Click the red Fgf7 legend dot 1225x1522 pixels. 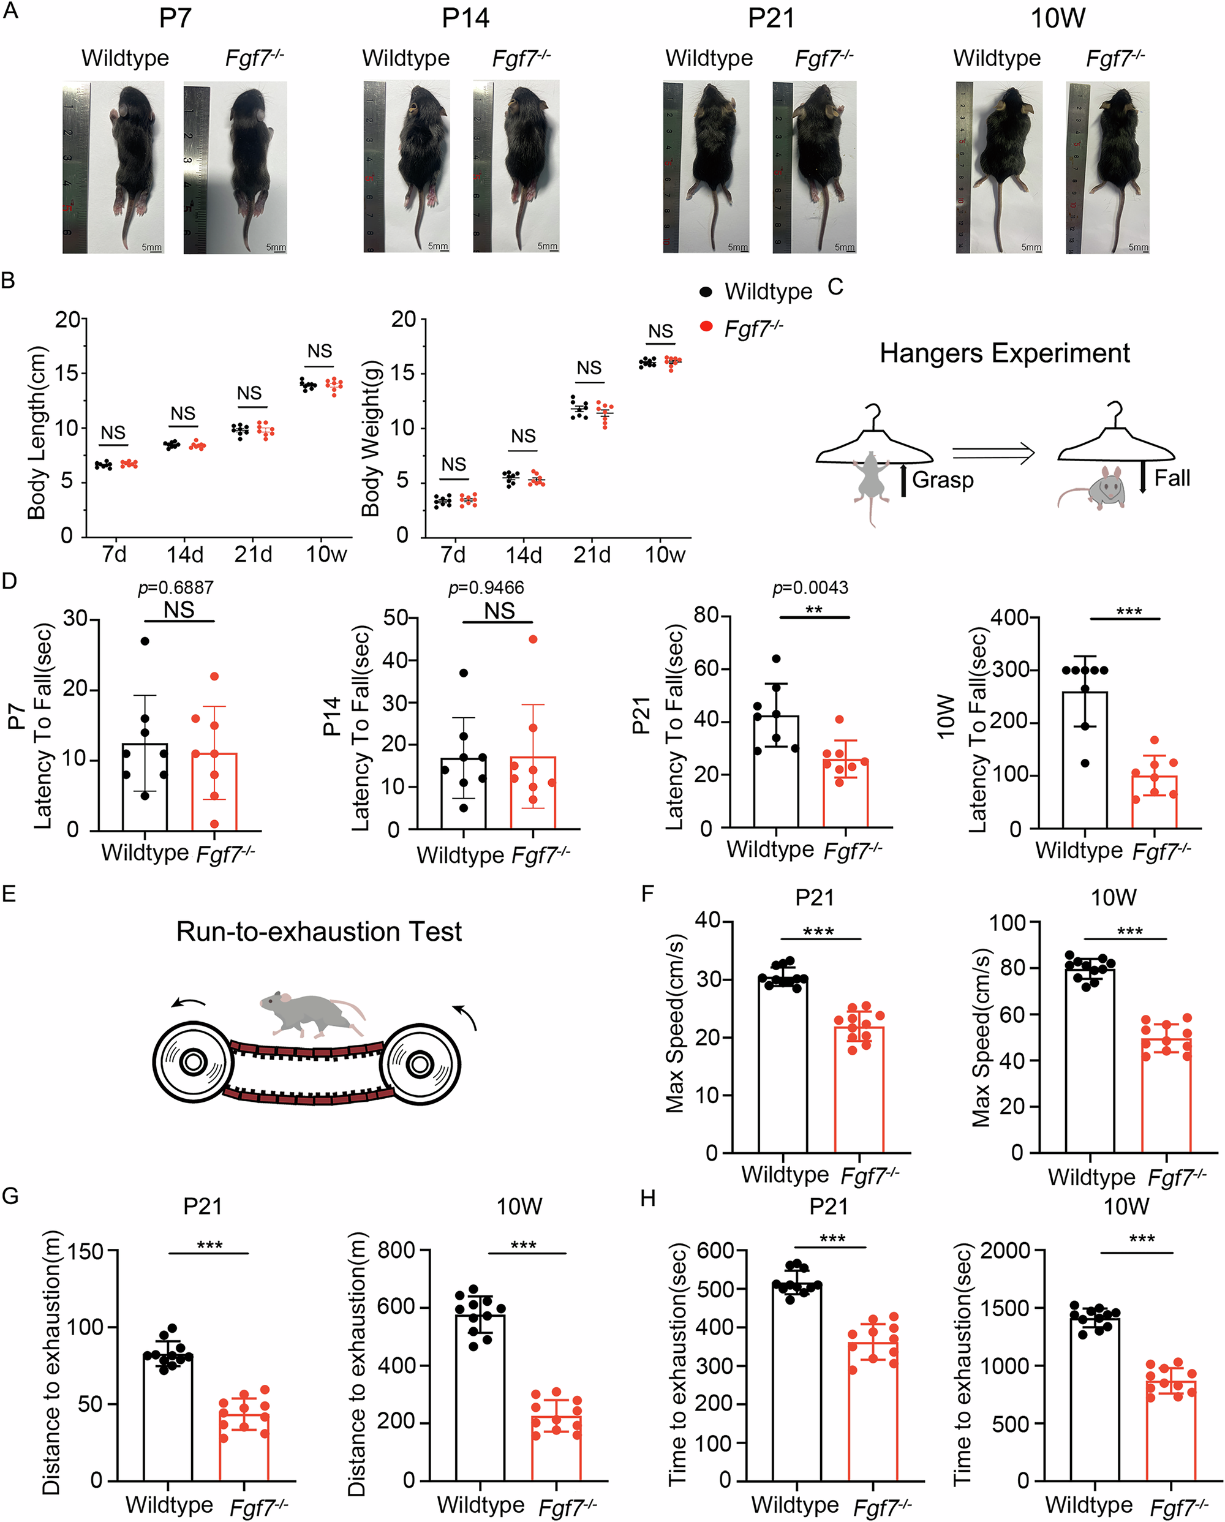click(706, 326)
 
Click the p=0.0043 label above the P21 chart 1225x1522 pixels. click(810, 587)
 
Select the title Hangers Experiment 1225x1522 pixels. click(1004, 353)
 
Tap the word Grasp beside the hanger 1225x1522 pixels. click(942, 480)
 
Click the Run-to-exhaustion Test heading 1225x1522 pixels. click(318, 931)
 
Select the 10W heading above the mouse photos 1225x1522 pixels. click(1057, 18)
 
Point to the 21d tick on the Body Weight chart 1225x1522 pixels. click(592, 555)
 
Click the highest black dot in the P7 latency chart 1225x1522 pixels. click(145, 641)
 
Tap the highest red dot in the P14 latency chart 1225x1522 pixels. click(533, 639)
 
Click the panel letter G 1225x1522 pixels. click(10, 1196)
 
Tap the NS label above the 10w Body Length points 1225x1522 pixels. click(319, 351)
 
